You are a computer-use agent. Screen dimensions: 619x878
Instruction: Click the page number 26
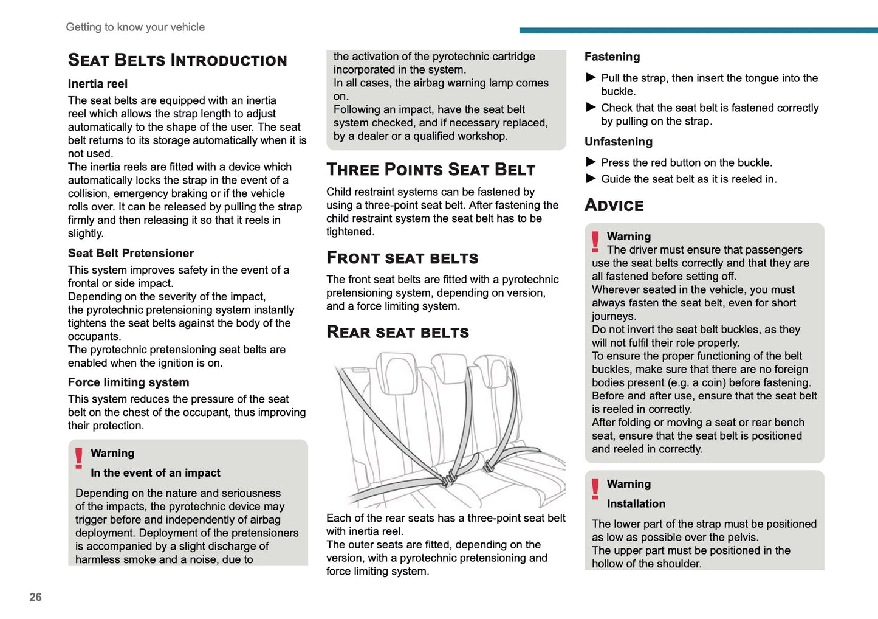[x=36, y=597]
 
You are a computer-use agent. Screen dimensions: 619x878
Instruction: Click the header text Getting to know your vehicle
[x=135, y=27]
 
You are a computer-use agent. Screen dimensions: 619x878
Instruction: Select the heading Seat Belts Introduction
[x=177, y=60]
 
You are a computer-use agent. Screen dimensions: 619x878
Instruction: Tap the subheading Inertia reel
[x=98, y=84]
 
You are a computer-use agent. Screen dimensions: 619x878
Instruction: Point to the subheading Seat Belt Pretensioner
[x=131, y=254]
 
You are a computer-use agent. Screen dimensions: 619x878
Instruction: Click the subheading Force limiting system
[x=128, y=382]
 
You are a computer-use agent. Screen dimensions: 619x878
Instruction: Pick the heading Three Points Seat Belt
[x=431, y=170]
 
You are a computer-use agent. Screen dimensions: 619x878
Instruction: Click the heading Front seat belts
[x=402, y=258]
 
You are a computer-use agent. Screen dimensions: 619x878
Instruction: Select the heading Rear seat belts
[x=397, y=333]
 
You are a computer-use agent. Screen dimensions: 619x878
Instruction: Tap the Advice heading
[x=614, y=206]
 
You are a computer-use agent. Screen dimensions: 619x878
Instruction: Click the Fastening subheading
[x=612, y=57]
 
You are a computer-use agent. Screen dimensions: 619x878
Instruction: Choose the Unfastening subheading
[x=618, y=142]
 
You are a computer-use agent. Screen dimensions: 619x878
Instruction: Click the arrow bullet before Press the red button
[x=591, y=162]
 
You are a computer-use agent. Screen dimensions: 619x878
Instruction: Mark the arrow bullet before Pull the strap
[x=591, y=77]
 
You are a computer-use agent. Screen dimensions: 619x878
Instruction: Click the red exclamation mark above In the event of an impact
[x=79, y=458]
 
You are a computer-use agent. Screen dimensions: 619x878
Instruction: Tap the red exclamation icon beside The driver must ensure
[x=595, y=241]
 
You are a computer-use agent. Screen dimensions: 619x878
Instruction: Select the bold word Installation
[x=636, y=504]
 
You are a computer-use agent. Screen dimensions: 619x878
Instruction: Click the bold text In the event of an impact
[x=155, y=473]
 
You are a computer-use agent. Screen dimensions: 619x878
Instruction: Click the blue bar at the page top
[x=698, y=30]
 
